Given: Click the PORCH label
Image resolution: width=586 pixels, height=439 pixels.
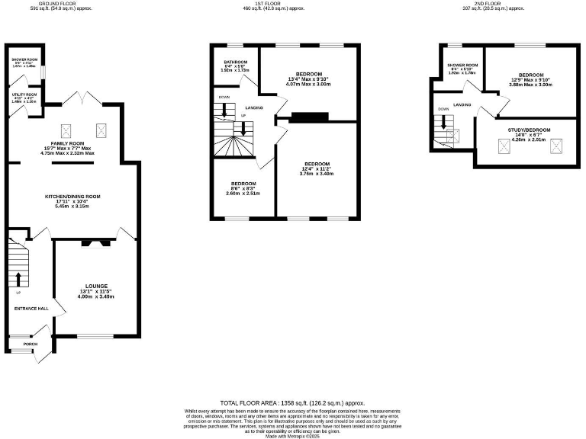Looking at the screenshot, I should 31,344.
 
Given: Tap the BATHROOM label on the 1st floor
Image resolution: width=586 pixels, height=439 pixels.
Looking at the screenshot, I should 235,62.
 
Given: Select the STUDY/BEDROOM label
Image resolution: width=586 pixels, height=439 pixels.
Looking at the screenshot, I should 525,130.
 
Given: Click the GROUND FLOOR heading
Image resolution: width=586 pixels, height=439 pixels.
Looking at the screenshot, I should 31,3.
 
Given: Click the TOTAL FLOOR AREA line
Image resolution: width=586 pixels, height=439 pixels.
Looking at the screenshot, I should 292,402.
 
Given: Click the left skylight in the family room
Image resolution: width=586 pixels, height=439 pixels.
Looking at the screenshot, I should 65,129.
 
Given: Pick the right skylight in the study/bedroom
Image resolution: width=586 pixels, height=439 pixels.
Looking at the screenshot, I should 554,146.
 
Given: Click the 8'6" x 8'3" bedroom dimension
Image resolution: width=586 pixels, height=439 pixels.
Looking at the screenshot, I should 243,188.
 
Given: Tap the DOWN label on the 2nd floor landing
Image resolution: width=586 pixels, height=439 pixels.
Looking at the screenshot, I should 444,109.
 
